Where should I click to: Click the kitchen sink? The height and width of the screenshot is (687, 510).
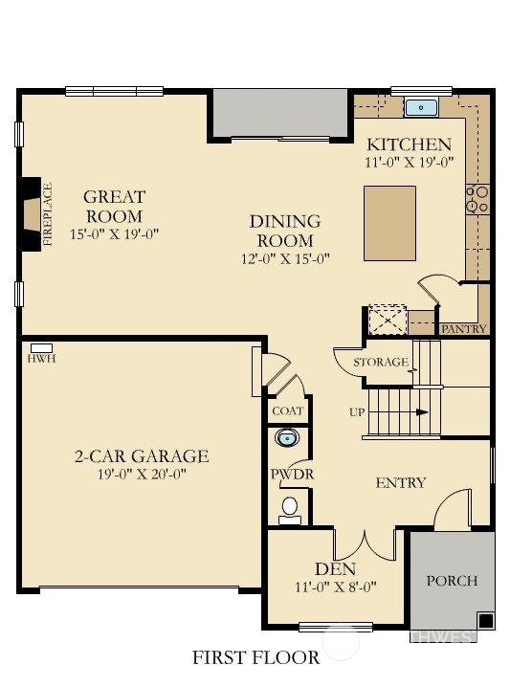[x=421, y=108]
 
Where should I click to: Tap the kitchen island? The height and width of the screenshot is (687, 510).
[x=389, y=224]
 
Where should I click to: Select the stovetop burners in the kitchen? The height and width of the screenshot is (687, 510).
[x=477, y=199]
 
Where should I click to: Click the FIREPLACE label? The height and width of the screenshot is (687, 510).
[x=47, y=214]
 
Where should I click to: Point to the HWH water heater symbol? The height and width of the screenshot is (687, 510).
[x=42, y=348]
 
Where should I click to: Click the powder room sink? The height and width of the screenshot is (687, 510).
[x=287, y=437]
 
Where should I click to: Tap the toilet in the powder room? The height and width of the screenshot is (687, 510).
[x=290, y=511]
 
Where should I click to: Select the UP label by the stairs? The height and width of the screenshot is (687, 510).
[x=357, y=412]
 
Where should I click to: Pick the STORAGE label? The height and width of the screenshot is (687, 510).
[x=381, y=363]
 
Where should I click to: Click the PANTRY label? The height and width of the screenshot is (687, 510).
[x=463, y=329]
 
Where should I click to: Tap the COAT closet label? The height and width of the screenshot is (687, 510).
[x=287, y=411]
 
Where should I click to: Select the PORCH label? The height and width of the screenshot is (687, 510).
[x=452, y=581]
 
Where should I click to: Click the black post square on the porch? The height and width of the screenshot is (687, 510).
[x=485, y=620]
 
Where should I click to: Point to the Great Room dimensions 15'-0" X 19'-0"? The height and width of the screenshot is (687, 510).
[x=114, y=234]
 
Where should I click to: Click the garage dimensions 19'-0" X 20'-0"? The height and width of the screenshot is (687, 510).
[x=142, y=474]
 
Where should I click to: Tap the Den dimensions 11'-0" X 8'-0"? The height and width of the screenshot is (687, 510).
[x=336, y=587]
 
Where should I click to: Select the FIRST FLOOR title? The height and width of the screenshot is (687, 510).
[x=255, y=657]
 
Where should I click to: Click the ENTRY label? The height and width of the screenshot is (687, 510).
[x=401, y=483]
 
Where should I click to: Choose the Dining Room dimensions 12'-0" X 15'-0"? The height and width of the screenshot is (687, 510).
[x=285, y=259]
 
